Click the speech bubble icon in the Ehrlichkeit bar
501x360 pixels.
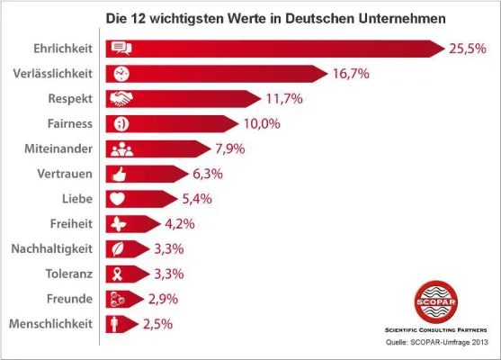pyautogui.click(x=119, y=49)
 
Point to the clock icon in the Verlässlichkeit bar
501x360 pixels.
pyautogui.click(x=119, y=73)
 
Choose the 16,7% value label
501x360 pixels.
pyautogui.click(x=351, y=73)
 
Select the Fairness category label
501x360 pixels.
pyautogui.click(x=68, y=122)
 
